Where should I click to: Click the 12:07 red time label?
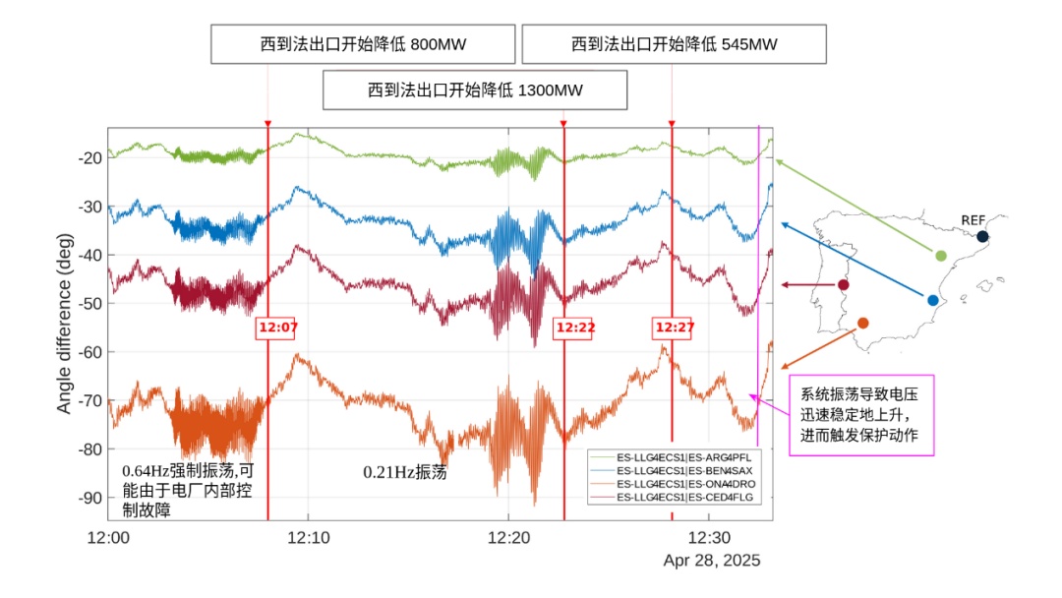tap(277, 328)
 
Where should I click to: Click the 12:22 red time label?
tap(573, 328)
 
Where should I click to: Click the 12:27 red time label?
tap(674, 328)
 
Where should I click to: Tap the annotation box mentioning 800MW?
tap(364, 44)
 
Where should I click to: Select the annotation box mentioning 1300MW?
tap(475, 90)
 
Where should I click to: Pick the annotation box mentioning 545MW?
tap(674, 44)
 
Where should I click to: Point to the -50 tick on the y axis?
tap(90, 304)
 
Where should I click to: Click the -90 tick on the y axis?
tap(90, 498)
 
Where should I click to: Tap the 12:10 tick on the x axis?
tap(309, 538)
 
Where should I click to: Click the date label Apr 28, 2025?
tap(711, 561)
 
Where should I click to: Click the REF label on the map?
tap(973, 219)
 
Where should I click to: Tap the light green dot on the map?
tap(941, 256)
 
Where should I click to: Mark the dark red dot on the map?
tap(843, 285)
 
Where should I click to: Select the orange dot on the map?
tap(863, 324)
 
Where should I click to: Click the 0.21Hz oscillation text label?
tap(405, 472)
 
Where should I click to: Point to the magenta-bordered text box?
tap(860, 414)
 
